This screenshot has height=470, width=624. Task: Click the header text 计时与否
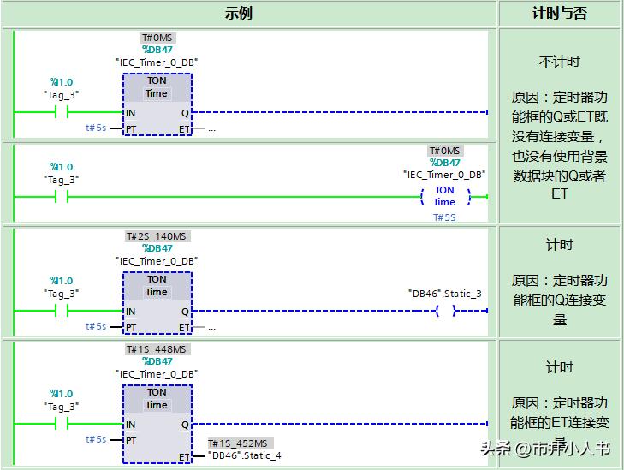click(x=560, y=13)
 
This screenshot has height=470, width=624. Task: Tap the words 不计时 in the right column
click(x=560, y=62)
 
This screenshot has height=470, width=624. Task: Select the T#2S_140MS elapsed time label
click(x=157, y=236)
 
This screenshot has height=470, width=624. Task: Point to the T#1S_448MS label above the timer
click(x=157, y=349)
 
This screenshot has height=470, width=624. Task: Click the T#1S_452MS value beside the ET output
click(x=239, y=443)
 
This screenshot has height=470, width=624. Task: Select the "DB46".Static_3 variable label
click(x=445, y=294)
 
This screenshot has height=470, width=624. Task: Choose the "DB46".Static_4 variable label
click(x=245, y=455)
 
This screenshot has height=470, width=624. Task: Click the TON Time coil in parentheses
click(x=444, y=197)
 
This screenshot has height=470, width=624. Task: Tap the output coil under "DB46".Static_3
click(x=445, y=311)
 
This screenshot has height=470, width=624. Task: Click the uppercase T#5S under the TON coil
click(x=443, y=217)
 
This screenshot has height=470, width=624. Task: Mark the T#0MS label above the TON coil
click(x=444, y=151)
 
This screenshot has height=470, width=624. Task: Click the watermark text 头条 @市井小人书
click(x=545, y=449)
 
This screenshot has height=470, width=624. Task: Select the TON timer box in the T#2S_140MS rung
click(x=157, y=303)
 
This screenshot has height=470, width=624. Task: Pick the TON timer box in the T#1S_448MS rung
click(x=157, y=424)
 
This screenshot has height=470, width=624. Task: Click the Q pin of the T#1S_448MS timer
click(x=185, y=425)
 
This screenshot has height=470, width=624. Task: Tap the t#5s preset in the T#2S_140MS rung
click(x=96, y=326)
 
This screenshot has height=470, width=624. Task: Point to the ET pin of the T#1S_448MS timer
click(x=184, y=457)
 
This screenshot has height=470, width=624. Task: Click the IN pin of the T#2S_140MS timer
click(x=130, y=312)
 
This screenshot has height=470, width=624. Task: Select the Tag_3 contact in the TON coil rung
click(x=61, y=197)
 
